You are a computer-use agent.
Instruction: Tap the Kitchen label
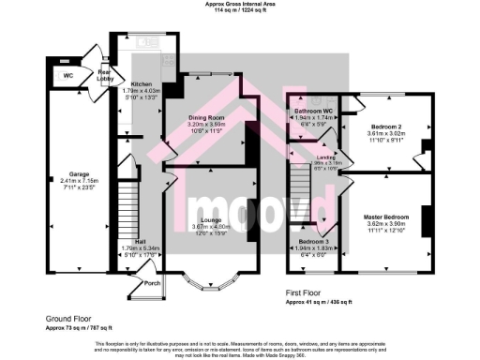coord(141,82)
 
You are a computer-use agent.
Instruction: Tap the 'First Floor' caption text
coord(307,293)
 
